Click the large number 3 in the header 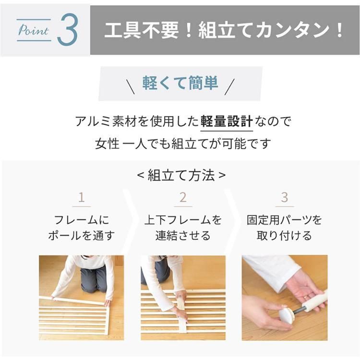point(67,30)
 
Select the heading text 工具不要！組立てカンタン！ point(225,30)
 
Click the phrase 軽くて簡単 point(180,83)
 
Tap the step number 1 point(82,197)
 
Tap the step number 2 point(183,197)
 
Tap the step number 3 point(285,197)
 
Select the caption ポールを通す point(82,236)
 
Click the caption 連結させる point(183,236)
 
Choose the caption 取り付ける point(285,236)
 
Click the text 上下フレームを point(183,220)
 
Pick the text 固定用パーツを point(285,220)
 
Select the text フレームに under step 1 point(82,220)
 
